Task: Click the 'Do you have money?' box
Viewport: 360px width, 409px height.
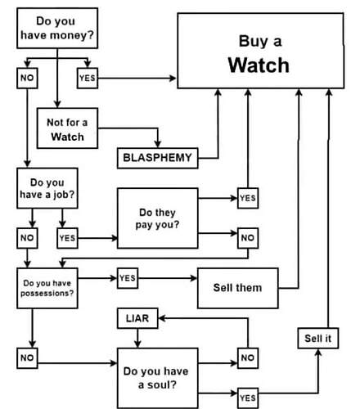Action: pos(57,29)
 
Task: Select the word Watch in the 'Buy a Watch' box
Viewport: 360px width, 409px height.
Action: pos(259,65)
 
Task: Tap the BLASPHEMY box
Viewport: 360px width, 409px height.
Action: pos(158,158)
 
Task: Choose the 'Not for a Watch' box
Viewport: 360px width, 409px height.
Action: pos(67,128)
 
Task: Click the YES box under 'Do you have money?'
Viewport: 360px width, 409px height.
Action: pos(88,79)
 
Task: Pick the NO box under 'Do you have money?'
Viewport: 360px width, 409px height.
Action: pos(27,79)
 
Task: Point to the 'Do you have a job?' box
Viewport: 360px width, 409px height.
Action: pos(47,188)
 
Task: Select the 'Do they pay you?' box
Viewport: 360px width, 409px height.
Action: pos(158,218)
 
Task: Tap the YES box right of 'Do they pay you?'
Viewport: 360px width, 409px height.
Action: pos(248,198)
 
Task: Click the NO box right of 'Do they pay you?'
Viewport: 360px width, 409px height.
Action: pos(248,238)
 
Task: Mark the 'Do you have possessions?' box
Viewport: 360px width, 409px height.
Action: pos(47,288)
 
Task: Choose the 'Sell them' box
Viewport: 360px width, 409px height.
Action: pos(238,288)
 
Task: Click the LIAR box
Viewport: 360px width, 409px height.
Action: pos(137,318)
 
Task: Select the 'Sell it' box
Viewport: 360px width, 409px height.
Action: pos(318,339)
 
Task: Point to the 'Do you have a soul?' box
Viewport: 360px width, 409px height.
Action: pos(158,378)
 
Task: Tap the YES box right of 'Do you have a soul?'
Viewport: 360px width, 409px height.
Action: pos(248,398)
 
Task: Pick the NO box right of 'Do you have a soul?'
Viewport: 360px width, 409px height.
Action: pos(248,358)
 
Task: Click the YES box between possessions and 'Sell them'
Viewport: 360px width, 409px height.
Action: pos(128,278)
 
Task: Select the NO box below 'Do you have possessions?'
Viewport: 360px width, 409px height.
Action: pos(27,358)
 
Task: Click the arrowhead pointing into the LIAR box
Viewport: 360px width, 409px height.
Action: pos(162,318)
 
